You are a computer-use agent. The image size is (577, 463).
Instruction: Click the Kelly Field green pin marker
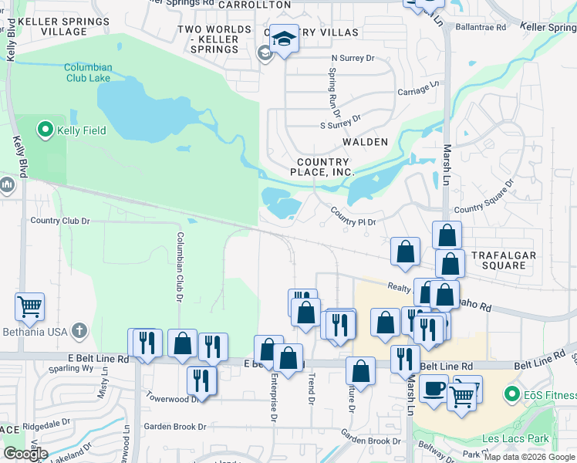click(x=45, y=130)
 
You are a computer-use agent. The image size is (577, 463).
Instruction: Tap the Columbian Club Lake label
click(x=88, y=73)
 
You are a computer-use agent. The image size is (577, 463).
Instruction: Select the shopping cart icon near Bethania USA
click(x=29, y=306)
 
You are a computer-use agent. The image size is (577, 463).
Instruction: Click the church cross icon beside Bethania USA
click(x=79, y=332)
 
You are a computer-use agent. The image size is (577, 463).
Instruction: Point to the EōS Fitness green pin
click(x=511, y=395)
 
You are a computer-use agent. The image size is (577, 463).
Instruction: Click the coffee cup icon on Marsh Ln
click(x=434, y=388)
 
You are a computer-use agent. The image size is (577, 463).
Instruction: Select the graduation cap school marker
click(x=284, y=38)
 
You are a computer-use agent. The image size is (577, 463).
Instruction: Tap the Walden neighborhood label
click(x=365, y=142)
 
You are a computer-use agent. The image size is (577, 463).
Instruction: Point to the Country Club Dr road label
click(x=60, y=221)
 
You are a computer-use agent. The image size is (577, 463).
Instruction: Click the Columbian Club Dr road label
click(x=180, y=266)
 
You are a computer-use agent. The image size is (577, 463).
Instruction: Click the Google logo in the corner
click(x=25, y=454)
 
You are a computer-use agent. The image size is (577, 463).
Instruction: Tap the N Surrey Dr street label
click(x=352, y=58)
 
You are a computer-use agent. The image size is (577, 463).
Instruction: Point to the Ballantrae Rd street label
click(x=480, y=27)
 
